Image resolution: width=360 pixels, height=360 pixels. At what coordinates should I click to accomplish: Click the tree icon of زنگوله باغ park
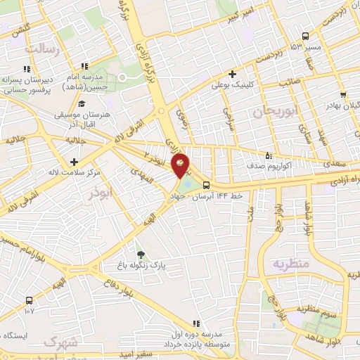pyautogui.click(x=140, y=255)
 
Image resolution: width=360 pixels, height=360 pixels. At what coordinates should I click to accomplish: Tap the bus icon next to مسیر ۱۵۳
pyautogui.click(x=305, y=36)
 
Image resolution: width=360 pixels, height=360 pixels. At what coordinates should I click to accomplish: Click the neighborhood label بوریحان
pyautogui.click(x=281, y=111)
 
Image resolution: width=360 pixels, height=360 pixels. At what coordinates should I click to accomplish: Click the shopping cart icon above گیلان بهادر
pyautogui.click(x=342, y=95)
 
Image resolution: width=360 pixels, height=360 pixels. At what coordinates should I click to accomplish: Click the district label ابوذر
pyautogui.click(x=100, y=195)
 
